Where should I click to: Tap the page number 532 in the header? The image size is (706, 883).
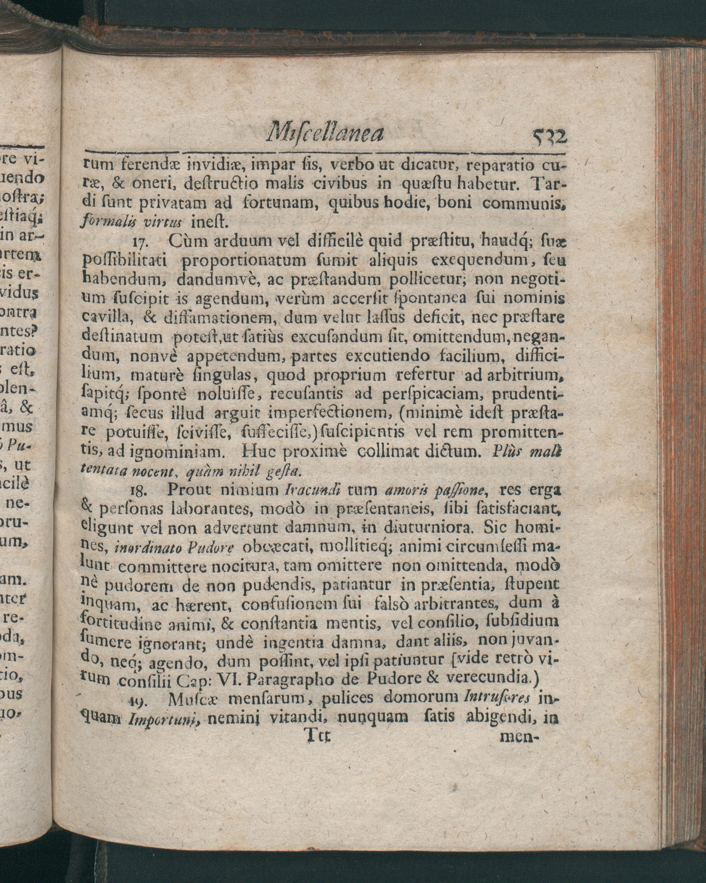tap(549, 137)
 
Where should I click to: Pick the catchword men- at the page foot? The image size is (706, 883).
tap(518, 737)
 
